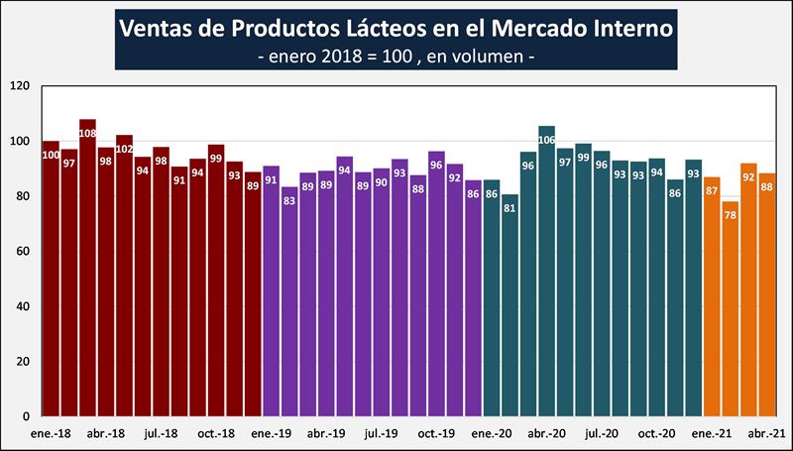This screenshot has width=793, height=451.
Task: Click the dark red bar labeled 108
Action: (x=87, y=268)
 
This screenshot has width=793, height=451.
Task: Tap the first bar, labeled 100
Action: (x=51, y=279)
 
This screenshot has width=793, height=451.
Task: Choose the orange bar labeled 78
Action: (x=730, y=308)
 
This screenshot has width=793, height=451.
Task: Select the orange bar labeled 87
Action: (x=711, y=296)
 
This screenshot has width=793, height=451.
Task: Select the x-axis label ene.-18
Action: (x=51, y=433)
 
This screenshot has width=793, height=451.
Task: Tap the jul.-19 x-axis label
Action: (x=381, y=433)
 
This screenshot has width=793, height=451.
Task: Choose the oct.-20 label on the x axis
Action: (x=656, y=433)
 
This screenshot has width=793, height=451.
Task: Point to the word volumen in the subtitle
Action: (x=487, y=57)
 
